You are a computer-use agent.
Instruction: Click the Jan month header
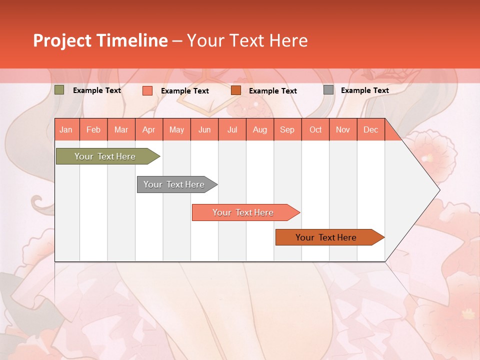(x=66, y=129)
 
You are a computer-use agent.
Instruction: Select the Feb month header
(x=93, y=129)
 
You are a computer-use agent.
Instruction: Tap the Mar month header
(x=121, y=129)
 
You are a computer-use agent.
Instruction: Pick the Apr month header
(x=149, y=129)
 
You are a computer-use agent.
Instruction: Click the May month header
(x=176, y=129)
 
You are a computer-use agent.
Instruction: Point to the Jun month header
(x=204, y=129)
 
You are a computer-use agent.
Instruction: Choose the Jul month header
(x=232, y=129)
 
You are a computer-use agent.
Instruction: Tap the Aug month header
(x=260, y=129)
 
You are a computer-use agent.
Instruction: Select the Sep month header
(x=287, y=129)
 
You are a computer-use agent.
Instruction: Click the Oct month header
(x=315, y=129)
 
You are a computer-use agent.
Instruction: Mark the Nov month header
(x=343, y=129)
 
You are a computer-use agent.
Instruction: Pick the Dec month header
(x=371, y=129)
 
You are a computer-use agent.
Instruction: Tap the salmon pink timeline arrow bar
(x=243, y=212)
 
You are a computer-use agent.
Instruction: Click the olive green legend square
(x=59, y=90)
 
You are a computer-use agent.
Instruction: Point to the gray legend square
(x=328, y=90)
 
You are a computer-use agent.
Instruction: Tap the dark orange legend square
(x=236, y=90)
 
